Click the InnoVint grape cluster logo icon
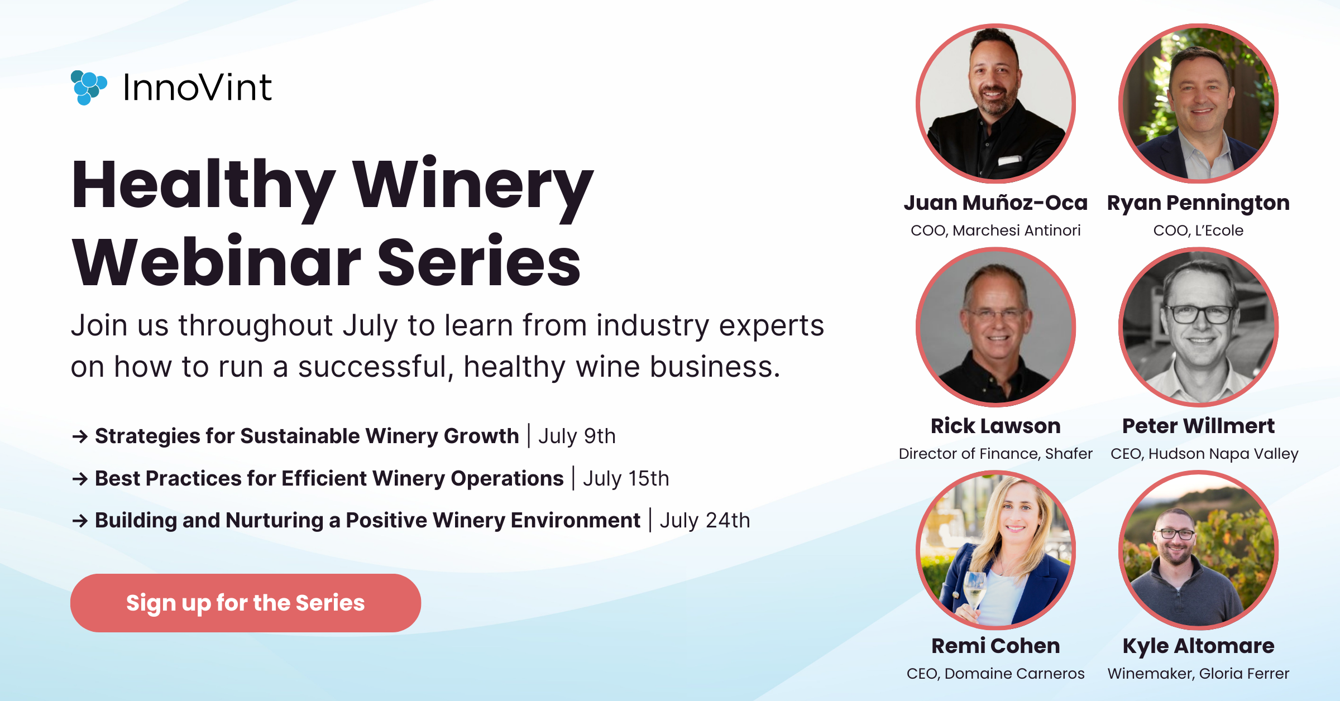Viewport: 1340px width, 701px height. click(x=88, y=88)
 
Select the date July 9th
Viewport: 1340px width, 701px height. click(x=577, y=436)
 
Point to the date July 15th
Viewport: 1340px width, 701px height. click(x=626, y=478)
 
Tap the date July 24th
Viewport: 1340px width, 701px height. click(x=705, y=520)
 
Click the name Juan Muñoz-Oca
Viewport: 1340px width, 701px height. click(x=996, y=203)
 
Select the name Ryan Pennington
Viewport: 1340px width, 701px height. click(x=1198, y=203)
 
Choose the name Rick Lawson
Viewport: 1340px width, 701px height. click(x=996, y=426)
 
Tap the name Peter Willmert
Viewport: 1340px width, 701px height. click(x=1198, y=426)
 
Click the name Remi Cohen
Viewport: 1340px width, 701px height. click(x=996, y=646)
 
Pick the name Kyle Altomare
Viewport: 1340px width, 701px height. click(x=1198, y=646)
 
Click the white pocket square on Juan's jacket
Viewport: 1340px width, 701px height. click(x=1009, y=161)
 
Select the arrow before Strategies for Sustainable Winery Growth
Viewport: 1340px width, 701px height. click(x=80, y=436)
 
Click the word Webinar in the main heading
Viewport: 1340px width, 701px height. click(x=217, y=261)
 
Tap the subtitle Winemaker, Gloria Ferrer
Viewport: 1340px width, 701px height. click(x=1198, y=674)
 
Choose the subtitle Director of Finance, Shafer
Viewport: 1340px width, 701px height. click(x=996, y=454)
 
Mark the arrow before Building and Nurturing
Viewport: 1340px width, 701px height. click(x=80, y=521)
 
